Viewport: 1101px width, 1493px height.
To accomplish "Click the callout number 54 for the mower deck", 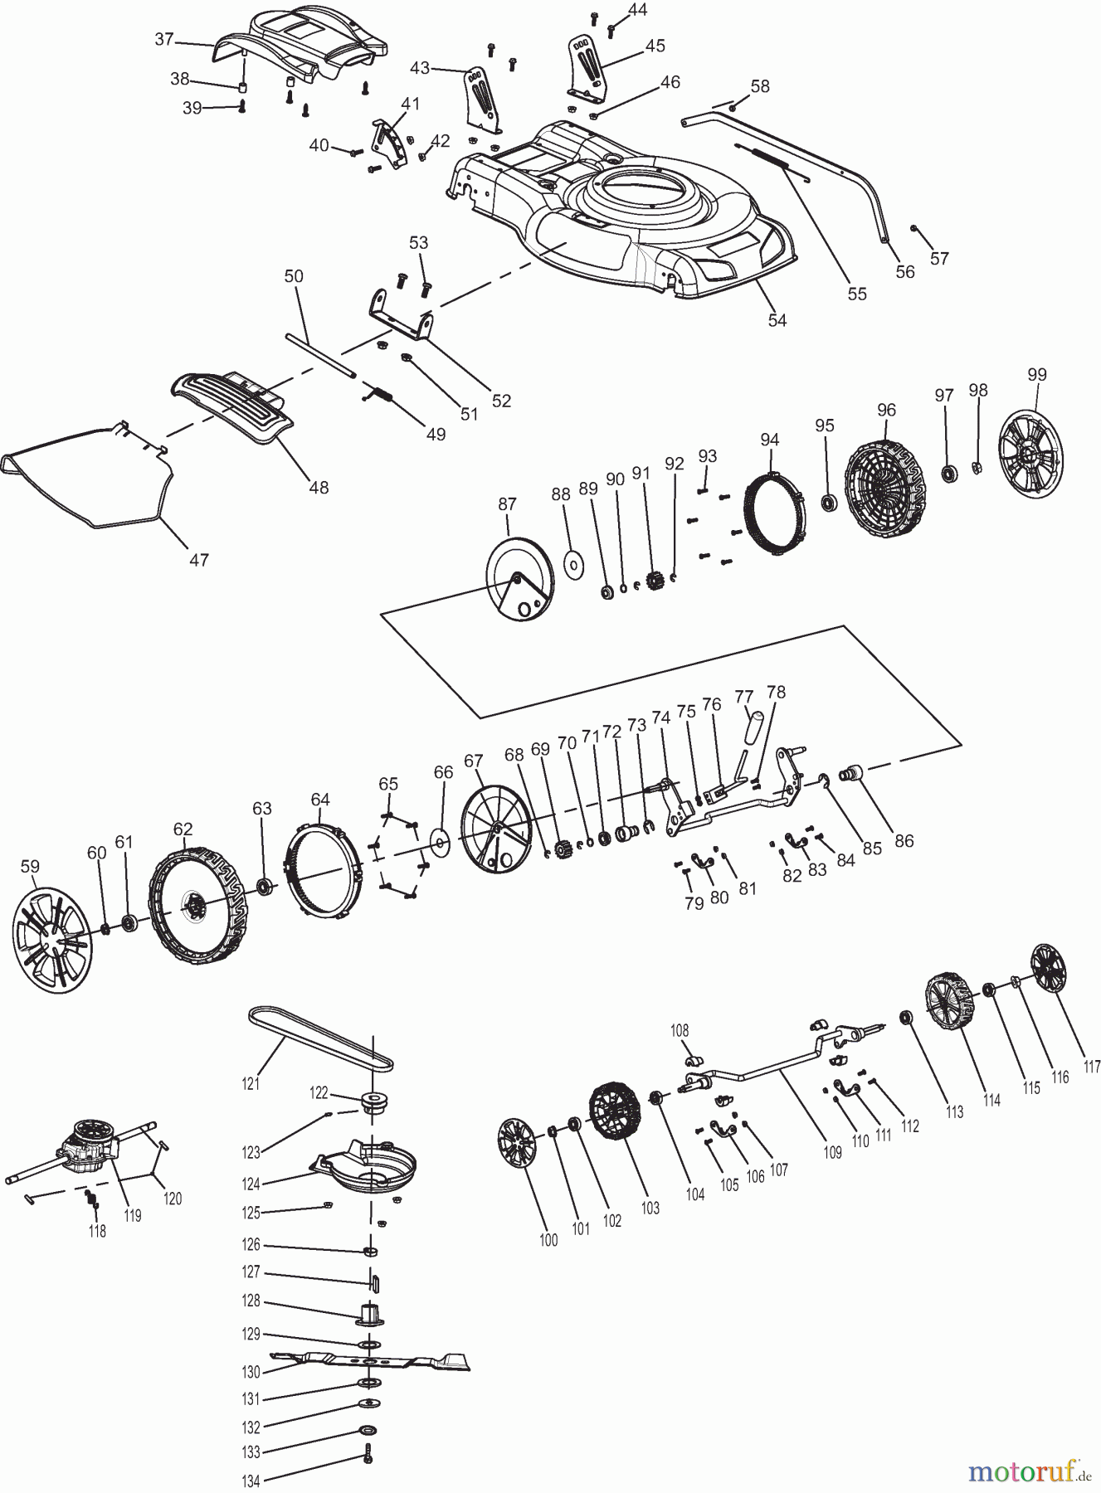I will (x=777, y=320).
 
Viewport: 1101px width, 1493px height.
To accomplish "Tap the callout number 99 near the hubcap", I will (x=1036, y=375).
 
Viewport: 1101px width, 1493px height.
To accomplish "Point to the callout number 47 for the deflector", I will (x=198, y=560).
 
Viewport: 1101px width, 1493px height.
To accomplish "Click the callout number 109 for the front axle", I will (x=832, y=1151).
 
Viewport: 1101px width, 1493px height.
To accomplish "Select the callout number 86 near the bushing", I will (x=904, y=840).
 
